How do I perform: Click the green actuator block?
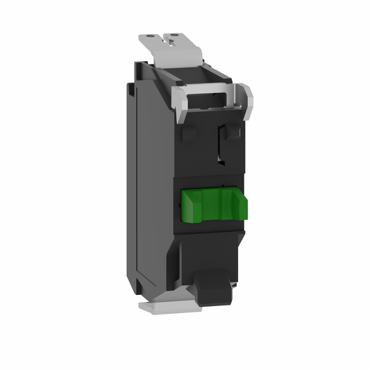click(x=215, y=203)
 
